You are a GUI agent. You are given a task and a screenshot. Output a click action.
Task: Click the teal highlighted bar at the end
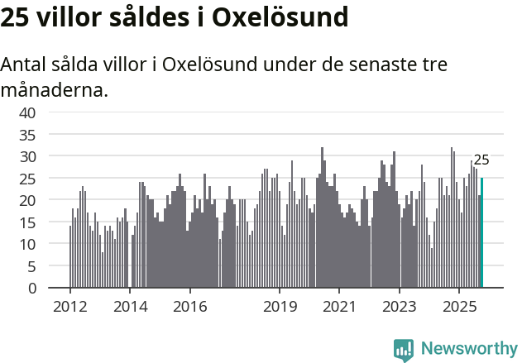481,233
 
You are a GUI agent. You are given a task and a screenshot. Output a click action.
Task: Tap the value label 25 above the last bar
481,160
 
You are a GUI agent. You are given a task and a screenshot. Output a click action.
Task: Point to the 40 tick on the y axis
27,112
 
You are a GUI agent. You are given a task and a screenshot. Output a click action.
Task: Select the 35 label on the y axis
27,134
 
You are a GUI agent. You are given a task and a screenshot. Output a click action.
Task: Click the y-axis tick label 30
27,156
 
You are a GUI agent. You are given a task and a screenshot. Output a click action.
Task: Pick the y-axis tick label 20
27,200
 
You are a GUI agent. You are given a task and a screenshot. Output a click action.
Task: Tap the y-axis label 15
27,222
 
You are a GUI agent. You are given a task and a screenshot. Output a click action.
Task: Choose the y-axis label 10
27,244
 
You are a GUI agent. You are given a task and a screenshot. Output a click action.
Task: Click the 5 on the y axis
31,266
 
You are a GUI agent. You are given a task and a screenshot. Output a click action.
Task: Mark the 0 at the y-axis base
31,289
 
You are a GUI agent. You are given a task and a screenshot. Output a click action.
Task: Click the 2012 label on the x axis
69,307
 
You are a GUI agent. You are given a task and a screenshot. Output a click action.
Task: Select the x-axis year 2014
130,307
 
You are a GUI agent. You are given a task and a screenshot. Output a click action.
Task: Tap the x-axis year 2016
189,307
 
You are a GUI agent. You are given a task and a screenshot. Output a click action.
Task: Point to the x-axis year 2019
280,307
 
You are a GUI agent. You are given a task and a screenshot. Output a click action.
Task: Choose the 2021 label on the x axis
339,307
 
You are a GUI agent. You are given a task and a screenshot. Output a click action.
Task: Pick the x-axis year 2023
400,307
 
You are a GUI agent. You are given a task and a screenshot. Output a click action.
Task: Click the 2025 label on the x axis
459,307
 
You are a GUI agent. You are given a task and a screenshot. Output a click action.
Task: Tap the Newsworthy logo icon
404,349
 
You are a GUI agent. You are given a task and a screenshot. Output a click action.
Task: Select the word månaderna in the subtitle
54,89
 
